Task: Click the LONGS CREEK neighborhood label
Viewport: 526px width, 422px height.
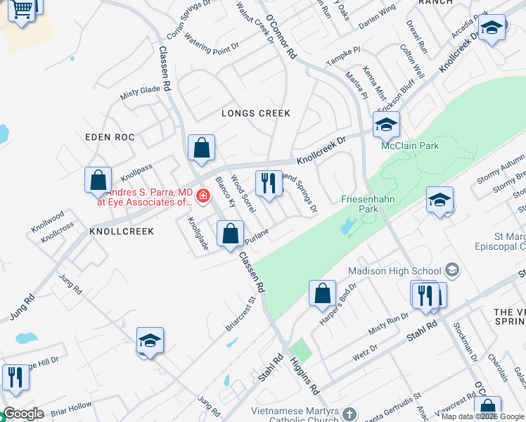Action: [256, 113]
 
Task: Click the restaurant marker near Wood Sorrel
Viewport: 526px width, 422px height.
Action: [268, 184]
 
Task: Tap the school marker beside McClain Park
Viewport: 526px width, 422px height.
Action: [385, 126]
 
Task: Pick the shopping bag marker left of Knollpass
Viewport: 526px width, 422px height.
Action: [98, 181]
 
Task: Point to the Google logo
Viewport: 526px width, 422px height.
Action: [23, 414]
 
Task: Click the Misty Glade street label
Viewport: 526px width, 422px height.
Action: [140, 91]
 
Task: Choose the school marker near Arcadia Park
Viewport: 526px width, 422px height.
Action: [493, 29]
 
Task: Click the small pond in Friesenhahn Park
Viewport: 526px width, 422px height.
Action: [347, 226]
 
